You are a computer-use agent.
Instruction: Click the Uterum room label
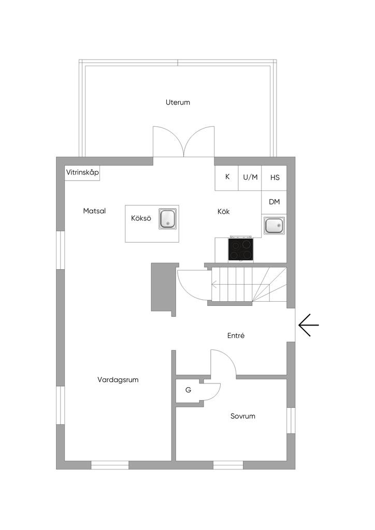pos(178,102)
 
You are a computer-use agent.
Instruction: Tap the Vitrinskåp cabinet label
pos(82,172)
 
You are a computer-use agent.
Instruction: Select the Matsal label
pos(94,211)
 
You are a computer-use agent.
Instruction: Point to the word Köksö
pos(141,218)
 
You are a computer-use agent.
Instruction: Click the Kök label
pos(224,212)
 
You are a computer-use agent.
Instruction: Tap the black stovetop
pos(241,249)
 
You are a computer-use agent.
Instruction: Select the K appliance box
pos(226,178)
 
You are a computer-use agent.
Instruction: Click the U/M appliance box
pos(250,178)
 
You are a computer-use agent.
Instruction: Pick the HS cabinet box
pos(274,178)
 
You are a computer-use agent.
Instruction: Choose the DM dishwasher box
pos(274,202)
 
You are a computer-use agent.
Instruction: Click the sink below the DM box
pos(274,226)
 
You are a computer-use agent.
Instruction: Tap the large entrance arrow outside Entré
pos(309,325)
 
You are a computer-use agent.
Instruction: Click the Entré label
pos(236,335)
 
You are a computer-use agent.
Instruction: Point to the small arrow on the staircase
pos(214,284)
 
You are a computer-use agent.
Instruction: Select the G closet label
pos(189,390)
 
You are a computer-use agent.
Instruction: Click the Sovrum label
pos(243,416)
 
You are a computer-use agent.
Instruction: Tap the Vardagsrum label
pos(118,379)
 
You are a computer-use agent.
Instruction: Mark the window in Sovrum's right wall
pos(291,420)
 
